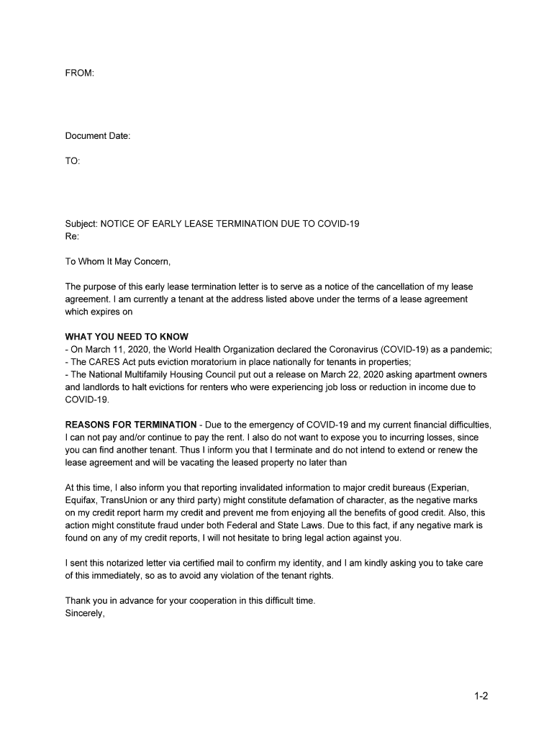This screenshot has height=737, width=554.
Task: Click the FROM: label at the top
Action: click(79, 73)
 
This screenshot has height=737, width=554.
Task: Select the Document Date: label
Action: click(98, 136)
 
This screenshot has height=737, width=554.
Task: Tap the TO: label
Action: click(73, 161)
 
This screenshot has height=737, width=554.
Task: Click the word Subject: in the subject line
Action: click(81, 224)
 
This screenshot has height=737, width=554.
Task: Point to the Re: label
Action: click(72, 236)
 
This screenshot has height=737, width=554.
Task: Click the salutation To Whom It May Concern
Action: click(118, 261)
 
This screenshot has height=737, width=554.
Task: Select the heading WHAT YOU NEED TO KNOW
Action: click(127, 337)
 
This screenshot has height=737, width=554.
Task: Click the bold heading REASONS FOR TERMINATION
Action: click(130, 425)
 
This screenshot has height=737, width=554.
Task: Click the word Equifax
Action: click(81, 500)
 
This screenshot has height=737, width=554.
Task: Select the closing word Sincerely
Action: click(85, 613)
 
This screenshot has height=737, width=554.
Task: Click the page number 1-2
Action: click(481, 696)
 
